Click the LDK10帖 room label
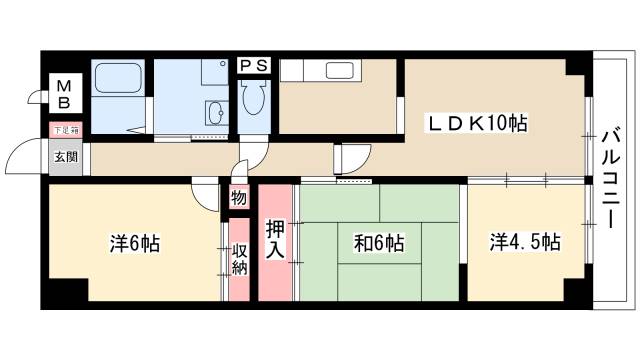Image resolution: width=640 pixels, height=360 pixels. click(x=478, y=124)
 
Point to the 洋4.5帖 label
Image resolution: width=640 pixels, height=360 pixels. click(x=524, y=242)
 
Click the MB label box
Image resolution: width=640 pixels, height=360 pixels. click(x=63, y=94)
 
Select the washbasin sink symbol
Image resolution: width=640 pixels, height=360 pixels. click(x=214, y=110)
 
